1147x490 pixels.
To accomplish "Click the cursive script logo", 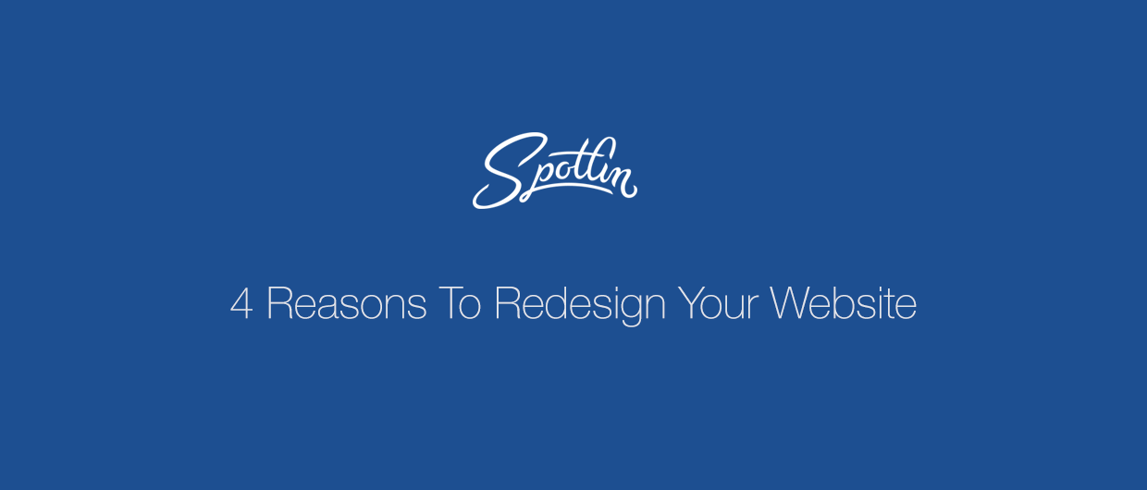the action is click(555, 170).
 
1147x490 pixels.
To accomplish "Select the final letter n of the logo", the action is click(623, 182).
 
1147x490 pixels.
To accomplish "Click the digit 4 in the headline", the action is click(241, 303).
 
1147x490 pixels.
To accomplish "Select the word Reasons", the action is click(347, 303).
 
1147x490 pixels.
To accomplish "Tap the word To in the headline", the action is click(460, 303).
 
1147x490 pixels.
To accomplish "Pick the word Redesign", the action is click(580, 306).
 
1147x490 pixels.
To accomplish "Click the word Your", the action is click(718, 303).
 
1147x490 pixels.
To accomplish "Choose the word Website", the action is click(844, 303).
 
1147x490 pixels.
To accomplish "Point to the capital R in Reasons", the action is click(279, 303).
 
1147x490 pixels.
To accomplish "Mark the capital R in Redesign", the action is click(507, 303).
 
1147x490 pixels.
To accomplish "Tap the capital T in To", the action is click(449, 303).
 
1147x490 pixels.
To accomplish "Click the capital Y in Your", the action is click(689, 303).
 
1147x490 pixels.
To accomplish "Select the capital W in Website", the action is click(790, 303).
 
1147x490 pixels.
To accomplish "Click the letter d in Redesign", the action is click(556, 303).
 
